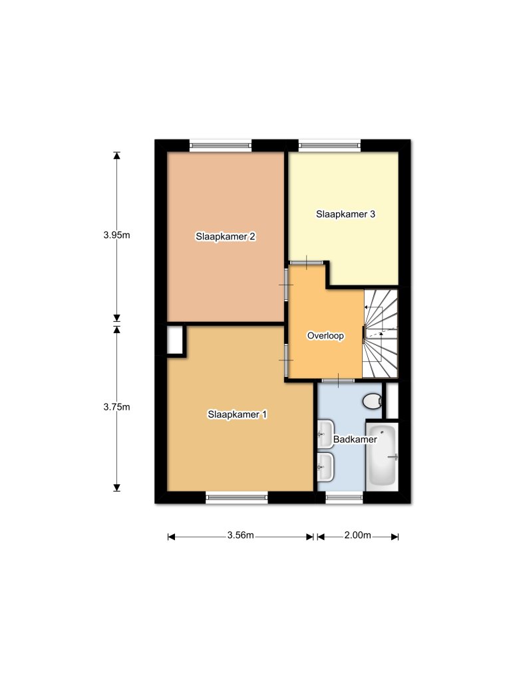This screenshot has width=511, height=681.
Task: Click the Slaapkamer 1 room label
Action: click(238, 414)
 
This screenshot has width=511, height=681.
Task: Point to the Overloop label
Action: click(325, 336)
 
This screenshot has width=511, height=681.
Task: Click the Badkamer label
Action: click(355, 440)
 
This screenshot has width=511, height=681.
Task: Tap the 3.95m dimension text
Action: click(116, 235)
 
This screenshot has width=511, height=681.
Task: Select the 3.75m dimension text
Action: click(116, 408)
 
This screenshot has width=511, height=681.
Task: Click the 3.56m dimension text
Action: click(240, 535)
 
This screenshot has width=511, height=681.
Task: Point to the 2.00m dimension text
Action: click(357, 535)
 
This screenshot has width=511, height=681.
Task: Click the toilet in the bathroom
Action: click(373, 401)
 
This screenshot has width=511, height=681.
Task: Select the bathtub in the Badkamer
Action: click(383, 456)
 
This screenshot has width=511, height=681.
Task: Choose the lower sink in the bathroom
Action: click(325, 466)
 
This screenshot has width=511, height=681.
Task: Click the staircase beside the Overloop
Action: click(380, 333)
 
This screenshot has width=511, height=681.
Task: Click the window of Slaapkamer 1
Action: click(237, 497)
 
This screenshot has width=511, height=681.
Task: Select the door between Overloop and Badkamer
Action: click(338, 380)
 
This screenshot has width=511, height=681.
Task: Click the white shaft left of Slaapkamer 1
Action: click(175, 340)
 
